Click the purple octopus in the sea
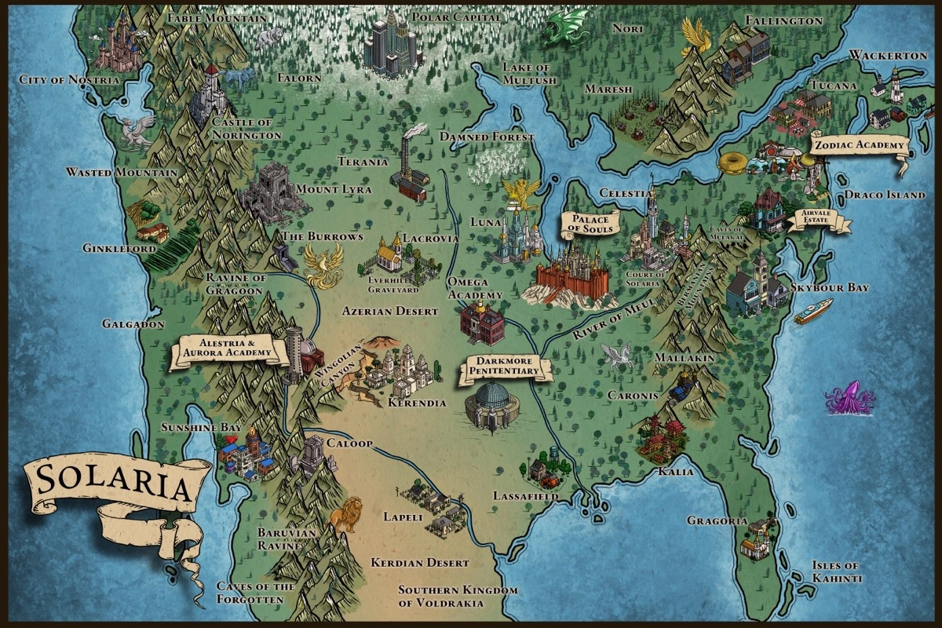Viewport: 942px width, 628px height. (x=849, y=398)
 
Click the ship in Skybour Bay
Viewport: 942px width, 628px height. (x=812, y=312)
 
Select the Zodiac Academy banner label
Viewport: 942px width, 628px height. (x=859, y=145)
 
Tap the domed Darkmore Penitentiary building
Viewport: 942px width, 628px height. (x=494, y=404)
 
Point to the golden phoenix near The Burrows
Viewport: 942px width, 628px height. (x=323, y=265)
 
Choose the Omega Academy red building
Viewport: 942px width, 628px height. (x=482, y=322)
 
